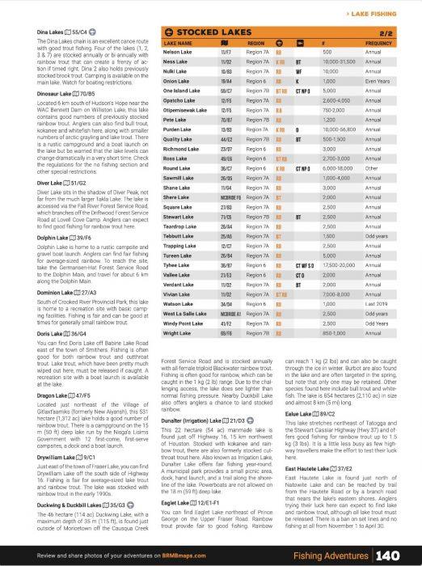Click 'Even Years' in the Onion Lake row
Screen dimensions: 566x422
tap(378, 82)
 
